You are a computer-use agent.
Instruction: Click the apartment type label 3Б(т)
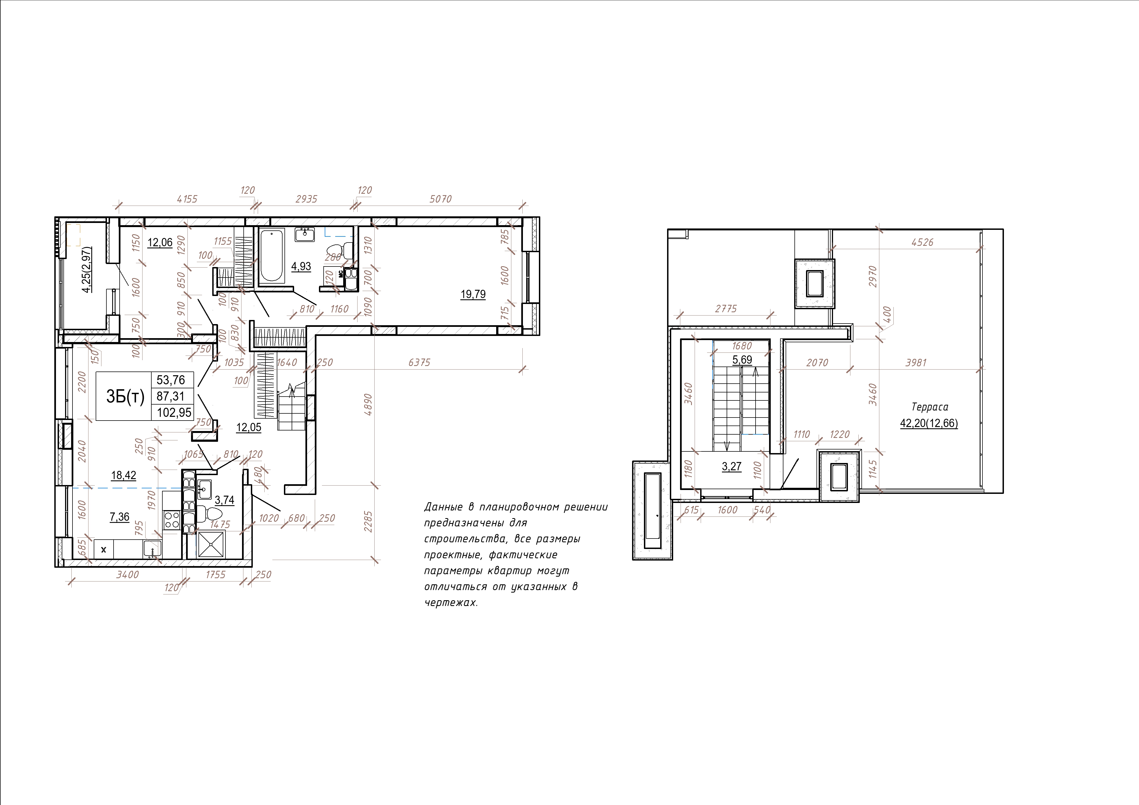pos(125,396)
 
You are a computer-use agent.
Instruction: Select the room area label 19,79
pos(473,294)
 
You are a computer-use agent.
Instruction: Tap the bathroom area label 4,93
pos(301,266)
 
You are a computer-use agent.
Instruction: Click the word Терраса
pos(930,407)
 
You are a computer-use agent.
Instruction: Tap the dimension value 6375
pos(419,363)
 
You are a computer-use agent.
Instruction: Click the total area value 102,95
pos(174,412)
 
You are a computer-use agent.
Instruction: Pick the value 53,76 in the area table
pos(171,380)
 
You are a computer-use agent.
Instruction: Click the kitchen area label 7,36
pos(120,517)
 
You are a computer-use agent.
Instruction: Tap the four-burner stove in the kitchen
pos(172,520)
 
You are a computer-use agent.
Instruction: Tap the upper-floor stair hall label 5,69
pos(742,360)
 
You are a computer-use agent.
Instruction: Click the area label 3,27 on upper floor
pos(732,467)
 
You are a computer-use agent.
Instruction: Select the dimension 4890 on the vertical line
pos(368,405)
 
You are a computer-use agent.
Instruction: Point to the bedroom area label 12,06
pos(160,243)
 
